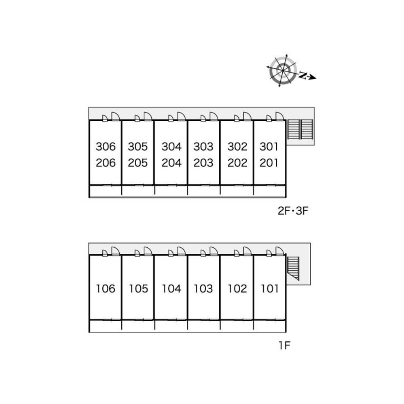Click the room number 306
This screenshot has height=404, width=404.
click(106, 147)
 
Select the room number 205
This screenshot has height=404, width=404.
click(137, 163)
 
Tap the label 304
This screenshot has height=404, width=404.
click(171, 147)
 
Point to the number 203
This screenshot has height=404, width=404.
click(203, 163)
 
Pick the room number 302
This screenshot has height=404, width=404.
click(237, 147)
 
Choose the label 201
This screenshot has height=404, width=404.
click(269, 163)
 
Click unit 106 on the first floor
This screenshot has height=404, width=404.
click(106, 288)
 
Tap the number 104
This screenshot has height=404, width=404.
click(171, 288)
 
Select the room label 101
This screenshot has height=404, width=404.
click(270, 288)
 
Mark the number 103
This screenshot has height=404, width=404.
click(203, 288)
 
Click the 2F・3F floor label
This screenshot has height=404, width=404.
click(293, 211)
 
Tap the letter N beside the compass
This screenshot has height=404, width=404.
click(303, 75)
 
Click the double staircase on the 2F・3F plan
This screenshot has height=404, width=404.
click(300, 129)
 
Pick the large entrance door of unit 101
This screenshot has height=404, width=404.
click(280, 251)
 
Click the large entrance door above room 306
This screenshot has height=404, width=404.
click(115, 116)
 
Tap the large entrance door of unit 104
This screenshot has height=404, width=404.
click(181, 251)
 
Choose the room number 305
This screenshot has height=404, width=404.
click(137, 147)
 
